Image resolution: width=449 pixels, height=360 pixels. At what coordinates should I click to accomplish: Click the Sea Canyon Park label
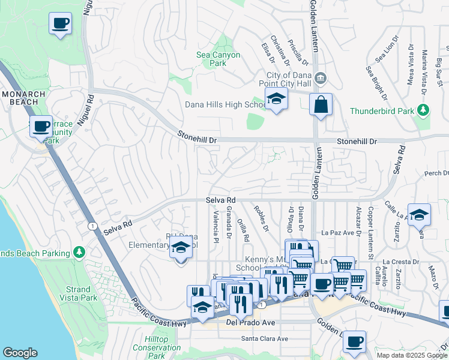218,59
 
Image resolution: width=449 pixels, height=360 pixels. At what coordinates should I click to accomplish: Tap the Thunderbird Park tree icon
424,110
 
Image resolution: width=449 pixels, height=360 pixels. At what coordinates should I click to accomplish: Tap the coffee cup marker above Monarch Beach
60,24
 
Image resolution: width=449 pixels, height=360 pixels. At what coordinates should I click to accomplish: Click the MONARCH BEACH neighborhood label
23,98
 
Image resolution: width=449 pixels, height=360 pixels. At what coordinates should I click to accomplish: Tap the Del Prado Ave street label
250,322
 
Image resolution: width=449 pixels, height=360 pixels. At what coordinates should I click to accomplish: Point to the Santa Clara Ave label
265,338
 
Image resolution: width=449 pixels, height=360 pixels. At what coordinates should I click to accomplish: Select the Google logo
20,353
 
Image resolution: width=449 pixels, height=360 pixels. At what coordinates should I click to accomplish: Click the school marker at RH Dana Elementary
181,247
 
